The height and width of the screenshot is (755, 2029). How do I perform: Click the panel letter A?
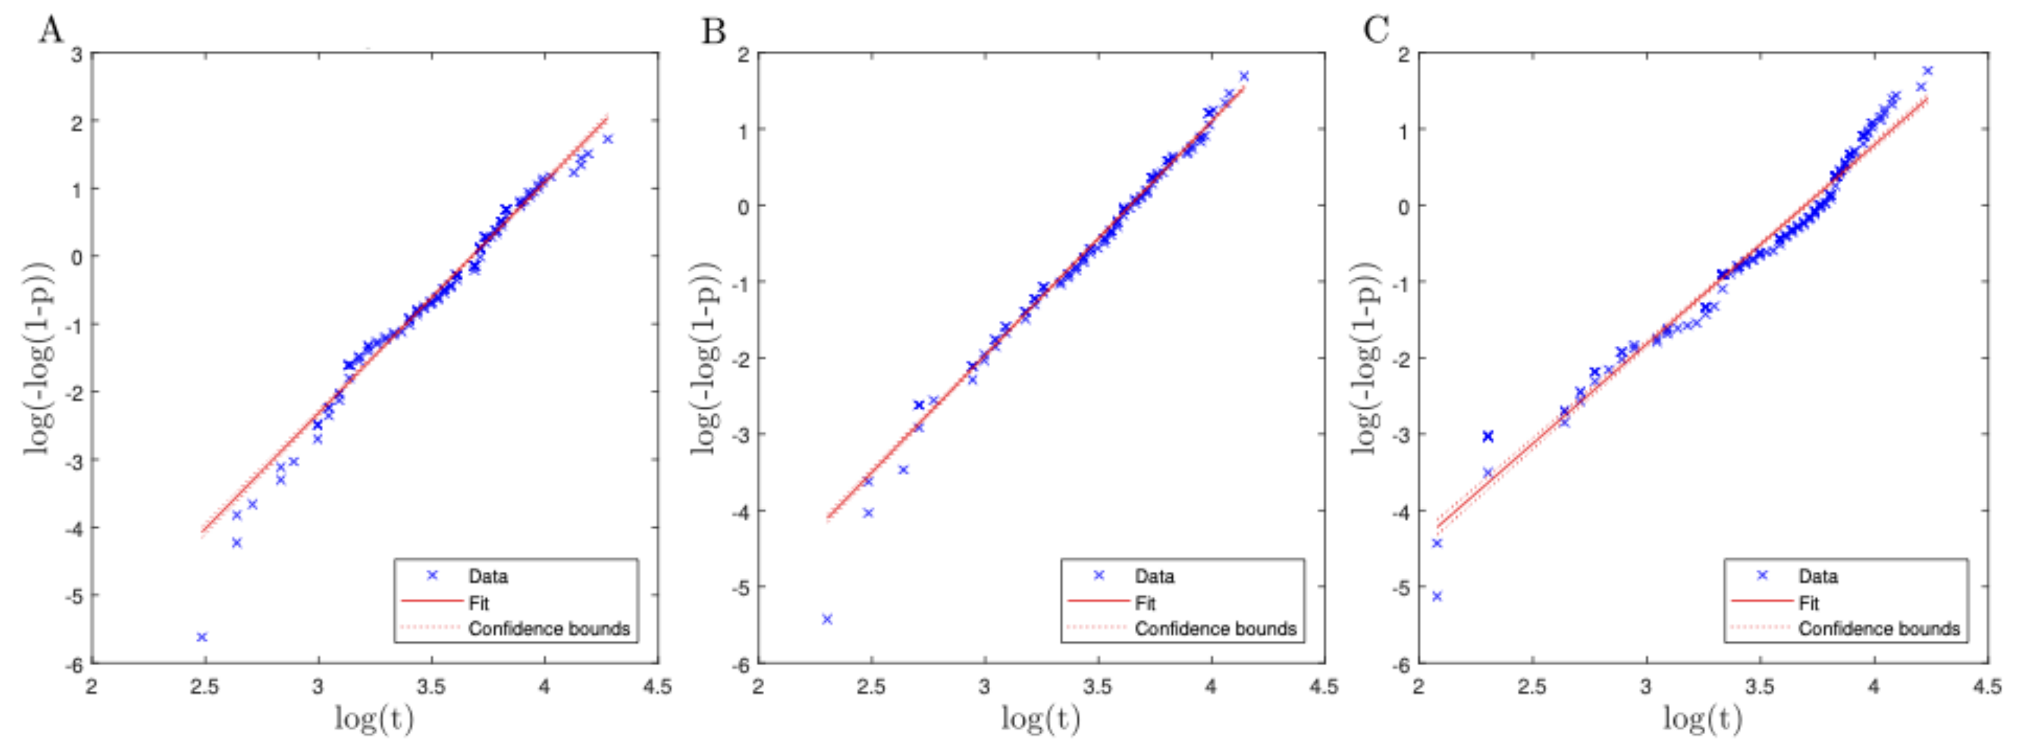(50, 31)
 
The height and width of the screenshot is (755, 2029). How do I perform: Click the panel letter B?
(713, 31)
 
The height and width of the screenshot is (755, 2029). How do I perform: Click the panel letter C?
(1375, 31)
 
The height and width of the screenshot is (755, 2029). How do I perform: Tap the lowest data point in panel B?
(827, 619)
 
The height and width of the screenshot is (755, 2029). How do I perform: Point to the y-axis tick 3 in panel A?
(77, 55)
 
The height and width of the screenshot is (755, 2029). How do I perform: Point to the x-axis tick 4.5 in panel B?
(1323, 687)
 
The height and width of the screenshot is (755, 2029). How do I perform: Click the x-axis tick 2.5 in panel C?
(1532, 687)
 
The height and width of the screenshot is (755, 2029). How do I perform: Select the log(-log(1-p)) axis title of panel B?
(705, 358)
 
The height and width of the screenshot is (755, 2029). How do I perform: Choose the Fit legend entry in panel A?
(478, 603)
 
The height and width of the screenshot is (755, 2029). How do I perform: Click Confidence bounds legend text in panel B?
(1215, 629)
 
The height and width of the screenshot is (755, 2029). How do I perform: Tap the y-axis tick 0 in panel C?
(1403, 207)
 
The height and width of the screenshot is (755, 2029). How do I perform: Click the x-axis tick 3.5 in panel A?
(431, 687)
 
